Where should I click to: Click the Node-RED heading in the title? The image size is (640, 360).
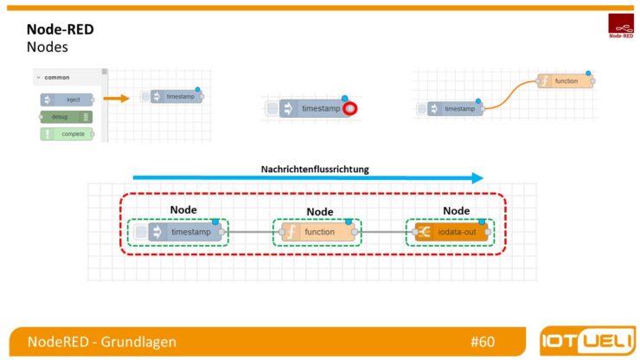coord(60,29)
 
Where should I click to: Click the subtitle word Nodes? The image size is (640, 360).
coord(47,47)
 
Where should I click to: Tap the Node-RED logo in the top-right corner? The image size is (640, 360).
coord(620,26)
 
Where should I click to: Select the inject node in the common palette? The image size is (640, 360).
coord(67,100)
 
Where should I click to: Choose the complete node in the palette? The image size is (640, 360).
coord(67,133)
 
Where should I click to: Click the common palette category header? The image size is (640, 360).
coord(57,78)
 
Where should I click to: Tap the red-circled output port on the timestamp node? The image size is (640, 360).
coord(349,109)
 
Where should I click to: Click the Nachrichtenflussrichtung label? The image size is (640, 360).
coord(315,169)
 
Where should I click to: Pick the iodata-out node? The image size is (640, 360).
coord(451,233)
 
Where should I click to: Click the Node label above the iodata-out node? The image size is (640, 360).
coord(456,210)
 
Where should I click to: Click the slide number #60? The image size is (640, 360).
coord(483,342)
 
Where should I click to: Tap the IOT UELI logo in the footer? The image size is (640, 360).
coord(586,340)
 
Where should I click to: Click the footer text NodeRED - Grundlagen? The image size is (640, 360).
coord(101,342)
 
